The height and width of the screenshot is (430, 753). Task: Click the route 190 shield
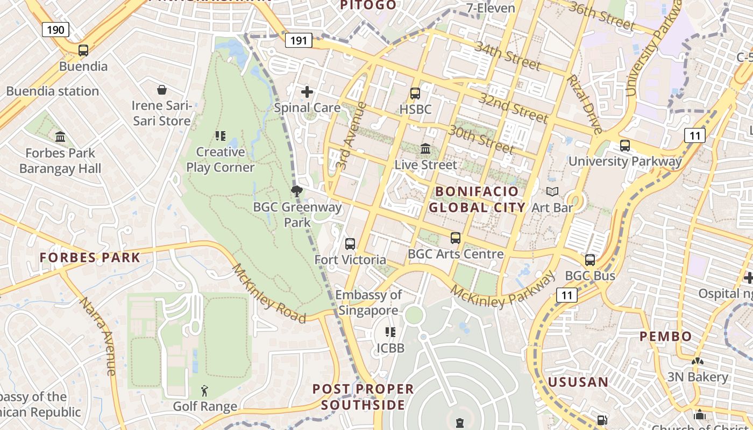56,29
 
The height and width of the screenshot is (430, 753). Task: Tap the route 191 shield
299,40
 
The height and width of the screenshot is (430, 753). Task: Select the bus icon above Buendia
83,51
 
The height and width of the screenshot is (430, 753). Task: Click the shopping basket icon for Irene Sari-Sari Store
162,89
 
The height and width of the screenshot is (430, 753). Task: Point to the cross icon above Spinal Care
307,92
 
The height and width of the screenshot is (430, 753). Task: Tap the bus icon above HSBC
415,94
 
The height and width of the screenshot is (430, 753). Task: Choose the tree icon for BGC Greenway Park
296,191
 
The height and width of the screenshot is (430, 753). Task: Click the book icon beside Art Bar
552,191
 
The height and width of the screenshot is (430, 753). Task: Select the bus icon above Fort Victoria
350,244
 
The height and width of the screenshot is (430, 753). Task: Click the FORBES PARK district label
90,257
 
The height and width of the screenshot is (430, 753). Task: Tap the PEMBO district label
665,337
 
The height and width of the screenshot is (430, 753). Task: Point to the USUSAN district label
578,382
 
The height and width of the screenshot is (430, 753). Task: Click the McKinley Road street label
268,293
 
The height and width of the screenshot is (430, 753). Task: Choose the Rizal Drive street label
584,104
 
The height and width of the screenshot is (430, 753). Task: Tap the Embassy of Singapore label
368,302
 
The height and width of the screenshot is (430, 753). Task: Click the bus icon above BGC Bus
590,260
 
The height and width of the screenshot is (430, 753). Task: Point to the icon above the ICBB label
390,332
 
